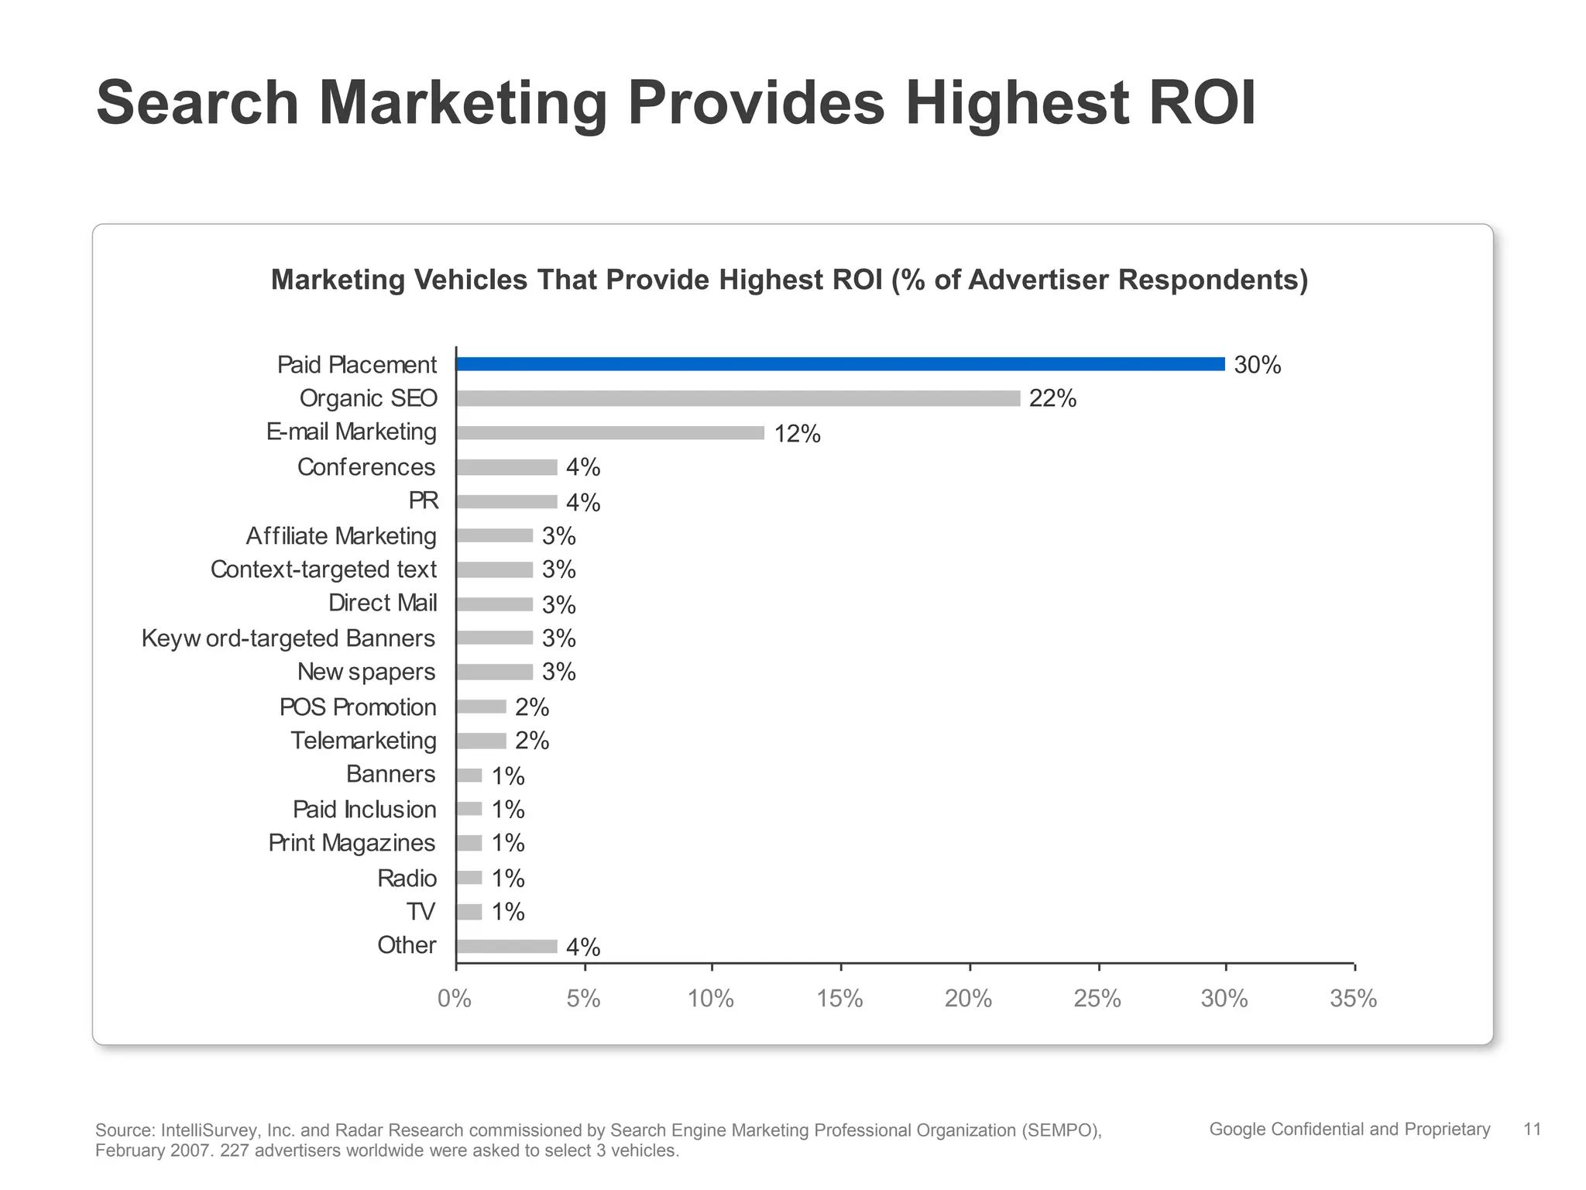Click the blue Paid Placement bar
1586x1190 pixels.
840,364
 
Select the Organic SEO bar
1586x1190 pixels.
738,398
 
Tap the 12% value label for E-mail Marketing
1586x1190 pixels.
797,434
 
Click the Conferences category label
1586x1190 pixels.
366,467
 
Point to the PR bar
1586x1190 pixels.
506,502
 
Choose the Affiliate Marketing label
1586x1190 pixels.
341,536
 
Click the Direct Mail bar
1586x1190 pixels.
494,604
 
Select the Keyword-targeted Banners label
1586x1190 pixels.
288,638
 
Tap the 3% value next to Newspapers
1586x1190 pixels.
558,672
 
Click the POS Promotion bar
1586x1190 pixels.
481,707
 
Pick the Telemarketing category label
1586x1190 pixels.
363,741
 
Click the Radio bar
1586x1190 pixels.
469,878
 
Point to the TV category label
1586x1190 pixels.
421,912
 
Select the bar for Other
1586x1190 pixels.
506,946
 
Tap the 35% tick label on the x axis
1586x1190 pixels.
1353,999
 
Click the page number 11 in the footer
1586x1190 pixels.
1532,1130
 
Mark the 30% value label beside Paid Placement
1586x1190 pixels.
1257,365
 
